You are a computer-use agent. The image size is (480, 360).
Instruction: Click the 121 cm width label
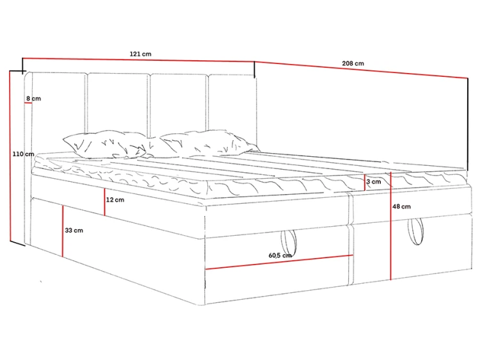(x=141, y=54)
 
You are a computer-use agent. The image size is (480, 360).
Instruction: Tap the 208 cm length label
(x=353, y=63)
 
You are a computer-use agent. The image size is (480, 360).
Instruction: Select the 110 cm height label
(x=23, y=154)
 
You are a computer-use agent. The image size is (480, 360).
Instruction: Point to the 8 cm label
(x=33, y=99)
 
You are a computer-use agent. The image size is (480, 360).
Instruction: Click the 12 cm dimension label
(x=115, y=200)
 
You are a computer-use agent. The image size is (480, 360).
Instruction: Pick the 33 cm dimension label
(x=74, y=231)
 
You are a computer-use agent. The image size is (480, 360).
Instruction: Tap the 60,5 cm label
(x=280, y=255)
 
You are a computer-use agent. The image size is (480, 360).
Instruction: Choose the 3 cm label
(x=374, y=182)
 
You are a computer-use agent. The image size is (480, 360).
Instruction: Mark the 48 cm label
(x=401, y=206)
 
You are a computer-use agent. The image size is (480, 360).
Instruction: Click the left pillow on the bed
(x=104, y=145)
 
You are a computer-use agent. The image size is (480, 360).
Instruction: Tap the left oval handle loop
(x=289, y=240)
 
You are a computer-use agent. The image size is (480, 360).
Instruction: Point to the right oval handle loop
(x=415, y=231)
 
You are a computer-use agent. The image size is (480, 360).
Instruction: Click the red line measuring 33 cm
(x=63, y=231)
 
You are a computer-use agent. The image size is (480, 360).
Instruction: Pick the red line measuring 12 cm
(x=104, y=202)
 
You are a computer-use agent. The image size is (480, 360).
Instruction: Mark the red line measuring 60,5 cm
(x=279, y=262)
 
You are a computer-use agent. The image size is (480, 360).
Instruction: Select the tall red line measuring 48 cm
(x=390, y=226)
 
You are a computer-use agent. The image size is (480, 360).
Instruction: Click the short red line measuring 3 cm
(x=365, y=183)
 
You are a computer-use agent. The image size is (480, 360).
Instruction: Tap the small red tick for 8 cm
(x=28, y=102)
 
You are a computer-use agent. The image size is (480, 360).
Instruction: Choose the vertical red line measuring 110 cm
(x=10, y=156)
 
